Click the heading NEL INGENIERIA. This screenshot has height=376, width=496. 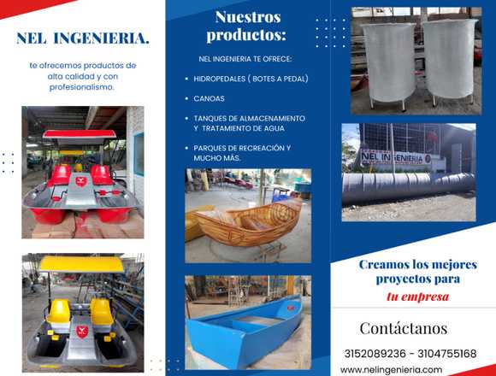click(83, 38)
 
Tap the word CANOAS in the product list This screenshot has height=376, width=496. click(210, 98)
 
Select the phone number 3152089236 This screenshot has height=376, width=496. click(375, 354)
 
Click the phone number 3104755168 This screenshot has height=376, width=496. click(447, 354)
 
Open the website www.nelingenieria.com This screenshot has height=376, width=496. click(392, 370)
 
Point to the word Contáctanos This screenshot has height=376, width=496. click(404, 328)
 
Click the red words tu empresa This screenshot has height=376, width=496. click(417, 297)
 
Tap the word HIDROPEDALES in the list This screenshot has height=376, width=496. click(220, 79)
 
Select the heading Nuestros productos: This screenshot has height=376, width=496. click(247, 26)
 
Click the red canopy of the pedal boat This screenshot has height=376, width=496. click(80, 134)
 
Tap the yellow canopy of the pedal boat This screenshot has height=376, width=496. click(81, 264)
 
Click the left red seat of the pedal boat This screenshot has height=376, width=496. click(61, 176)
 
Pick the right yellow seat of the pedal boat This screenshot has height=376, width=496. click(102, 312)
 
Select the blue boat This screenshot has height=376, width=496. click(245, 330)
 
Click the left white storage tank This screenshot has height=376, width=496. click(388, 62)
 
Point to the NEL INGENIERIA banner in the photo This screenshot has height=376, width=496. click(396, 157)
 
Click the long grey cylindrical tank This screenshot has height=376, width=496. click(409, 187)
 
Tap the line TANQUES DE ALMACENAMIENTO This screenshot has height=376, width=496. click(249, 119)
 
